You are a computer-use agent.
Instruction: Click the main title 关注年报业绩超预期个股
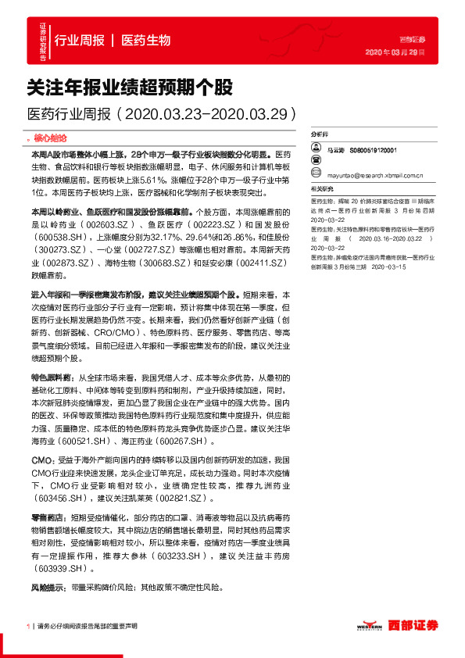(130, 85)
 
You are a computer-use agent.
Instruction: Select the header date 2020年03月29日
(395, 52)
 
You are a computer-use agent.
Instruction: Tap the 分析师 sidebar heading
(321, 134)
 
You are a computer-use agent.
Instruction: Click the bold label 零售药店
(46, 518)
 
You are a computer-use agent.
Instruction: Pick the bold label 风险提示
(46, 586)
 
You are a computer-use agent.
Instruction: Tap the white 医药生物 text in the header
(146, 41)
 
